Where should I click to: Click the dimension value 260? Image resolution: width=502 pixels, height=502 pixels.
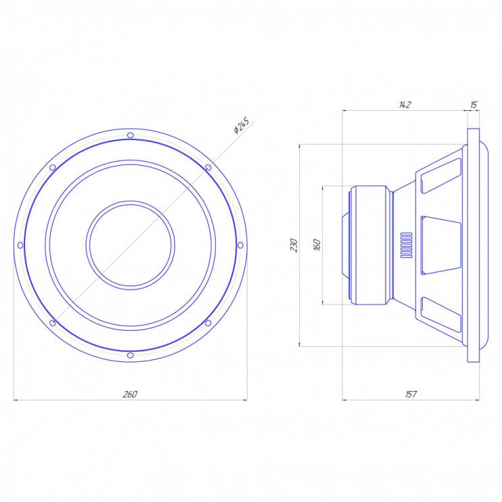[130, 394]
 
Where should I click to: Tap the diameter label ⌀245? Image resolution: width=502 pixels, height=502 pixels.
[242, 126]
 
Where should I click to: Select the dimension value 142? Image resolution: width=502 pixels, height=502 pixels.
[405, 105]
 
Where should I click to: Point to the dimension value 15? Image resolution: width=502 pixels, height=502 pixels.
[474, 105]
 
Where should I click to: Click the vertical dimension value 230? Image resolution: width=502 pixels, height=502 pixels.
[294, 245]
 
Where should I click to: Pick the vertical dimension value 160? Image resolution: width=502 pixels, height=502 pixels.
[317, 245]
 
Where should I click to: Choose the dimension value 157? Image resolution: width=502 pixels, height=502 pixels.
[411, 394]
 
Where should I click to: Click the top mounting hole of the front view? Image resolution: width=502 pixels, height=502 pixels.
[131, 135]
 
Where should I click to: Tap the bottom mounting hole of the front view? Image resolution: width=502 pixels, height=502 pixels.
[131, 355]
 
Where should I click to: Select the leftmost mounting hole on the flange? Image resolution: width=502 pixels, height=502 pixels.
[20, 245]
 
